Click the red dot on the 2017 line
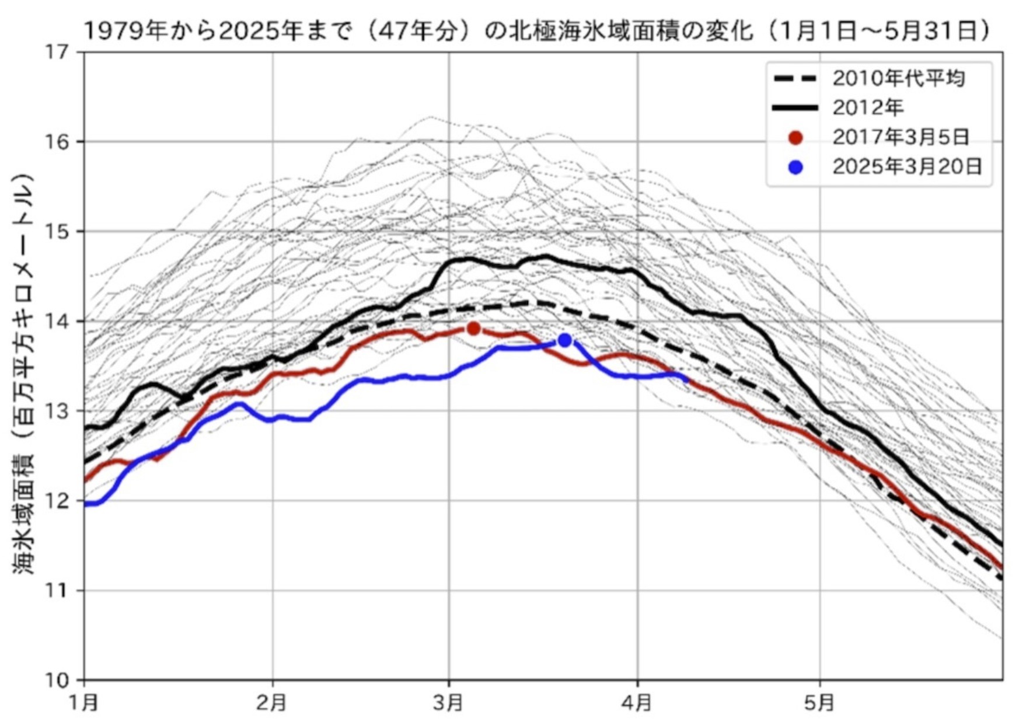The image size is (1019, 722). pyautogui.click(x=474, y=329)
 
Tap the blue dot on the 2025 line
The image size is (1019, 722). pyautogui.click(x=564, y=340)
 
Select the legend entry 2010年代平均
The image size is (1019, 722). pyautogui.click(x=898, y=78)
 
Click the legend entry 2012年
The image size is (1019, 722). pyautogui.click(x=867, y=107)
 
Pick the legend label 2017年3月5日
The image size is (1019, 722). pyautogui.click(x=901, y=137)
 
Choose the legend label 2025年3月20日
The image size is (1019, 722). pyautogui.click(x=907, y=167)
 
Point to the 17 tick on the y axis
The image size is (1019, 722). pyautogui.click(x=57, y=53)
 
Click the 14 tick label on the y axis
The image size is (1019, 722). pyautogui.click(x=57, y=322)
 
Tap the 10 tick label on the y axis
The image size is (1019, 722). pyautogui.click(x=57, y=680)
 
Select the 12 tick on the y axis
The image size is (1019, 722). pyautogui.click(x=57, y=501)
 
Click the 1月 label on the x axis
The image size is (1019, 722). pyautogui.click(x=84, y=703)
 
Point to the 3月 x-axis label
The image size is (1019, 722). pyautogui.click(x=449, y=703)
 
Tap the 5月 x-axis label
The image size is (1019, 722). pyautogui.click(x=819, y=703)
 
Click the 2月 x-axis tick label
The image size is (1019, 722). pyautogui.click(x=272, y=703)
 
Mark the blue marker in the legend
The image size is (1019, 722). pyautogui.click(x=795, y=168)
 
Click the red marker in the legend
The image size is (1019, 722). pyautogui.click(x=795, y=138)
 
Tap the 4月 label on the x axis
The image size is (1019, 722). pyautogui.click(x=637, y=703)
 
